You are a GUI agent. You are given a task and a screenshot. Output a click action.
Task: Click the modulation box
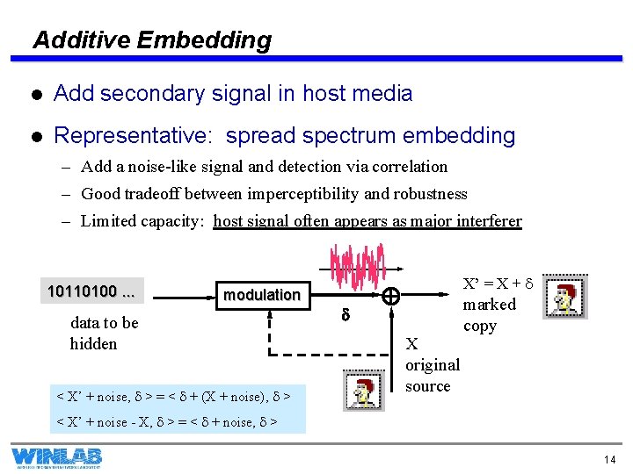pyautogui.click(x=261, y=294)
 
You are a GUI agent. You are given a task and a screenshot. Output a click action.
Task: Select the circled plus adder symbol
pyautogui.click(x=391, y=298)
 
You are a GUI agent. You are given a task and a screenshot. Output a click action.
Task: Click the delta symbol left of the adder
pyautogui.click(x=346, y=313)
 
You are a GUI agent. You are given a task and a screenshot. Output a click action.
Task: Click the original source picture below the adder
pyautogui.click(x=363, y=391)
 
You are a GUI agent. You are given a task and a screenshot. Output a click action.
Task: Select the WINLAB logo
pyautogui.click(x=56, y=457)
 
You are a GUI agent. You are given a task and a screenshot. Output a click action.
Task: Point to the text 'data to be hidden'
pyautogui.click(x=104, y=334)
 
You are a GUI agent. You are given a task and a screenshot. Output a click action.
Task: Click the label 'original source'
pyautogui.click(x=432, y=365)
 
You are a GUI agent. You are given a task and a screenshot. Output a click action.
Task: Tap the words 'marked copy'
pyautogui.click(x=490, y=315)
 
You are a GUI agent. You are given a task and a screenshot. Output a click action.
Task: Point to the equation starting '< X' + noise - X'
pyautogui.click(x=167, y=422)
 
